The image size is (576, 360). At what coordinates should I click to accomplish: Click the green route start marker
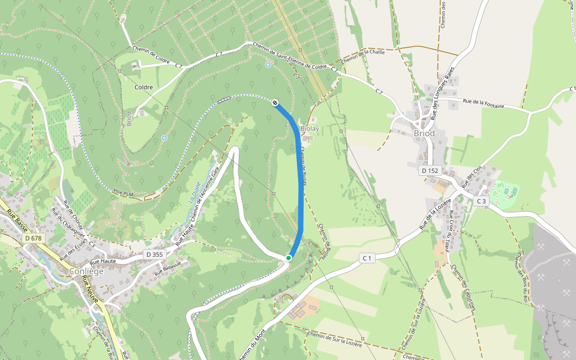point(289,258)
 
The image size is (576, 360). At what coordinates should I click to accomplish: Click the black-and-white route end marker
point(275,103)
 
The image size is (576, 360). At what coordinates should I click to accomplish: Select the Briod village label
point(424,133)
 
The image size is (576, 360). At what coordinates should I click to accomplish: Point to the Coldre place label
point(144,87)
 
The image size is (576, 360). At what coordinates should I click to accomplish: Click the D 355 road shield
point(154,254)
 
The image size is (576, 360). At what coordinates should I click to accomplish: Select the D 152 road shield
point(430,170)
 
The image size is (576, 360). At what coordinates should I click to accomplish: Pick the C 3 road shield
point(482,200)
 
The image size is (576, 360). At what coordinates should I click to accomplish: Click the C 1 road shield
point(367,258)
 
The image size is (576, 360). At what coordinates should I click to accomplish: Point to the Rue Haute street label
point(103,262)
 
